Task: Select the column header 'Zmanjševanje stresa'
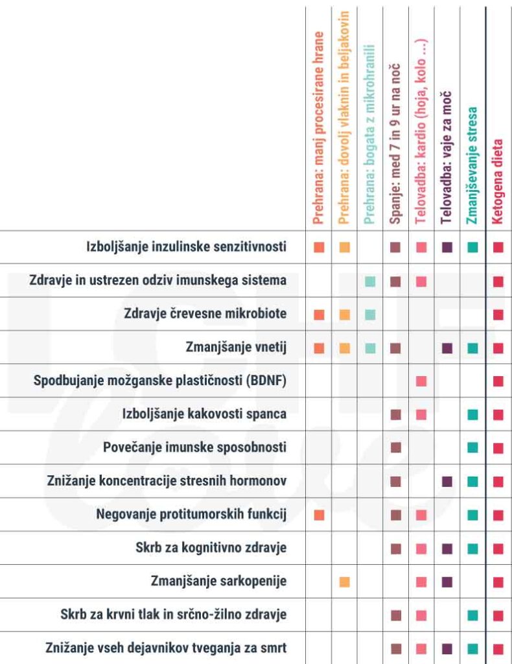[x=472, y=165]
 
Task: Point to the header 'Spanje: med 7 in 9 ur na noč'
[x=395, y=144]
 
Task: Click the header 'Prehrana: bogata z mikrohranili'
[x=369, y=134]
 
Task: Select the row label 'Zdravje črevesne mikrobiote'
[x=205, y=314]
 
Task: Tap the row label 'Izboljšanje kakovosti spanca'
[x=204, y=414]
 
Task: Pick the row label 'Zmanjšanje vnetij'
[x=236, y=348]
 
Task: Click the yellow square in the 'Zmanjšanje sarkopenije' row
[x=344, y=582]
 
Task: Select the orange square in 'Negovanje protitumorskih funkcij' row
[x=318, y=515]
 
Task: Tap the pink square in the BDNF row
[x=421, y=381]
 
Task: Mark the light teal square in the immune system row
[x=370, y=281]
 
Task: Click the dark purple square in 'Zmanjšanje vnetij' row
[x=447, y=348]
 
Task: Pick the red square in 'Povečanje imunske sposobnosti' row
[x=498, y=447]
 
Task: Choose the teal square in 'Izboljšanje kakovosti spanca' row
[x=472, y=414]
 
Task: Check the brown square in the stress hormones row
[x=395, y=481]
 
